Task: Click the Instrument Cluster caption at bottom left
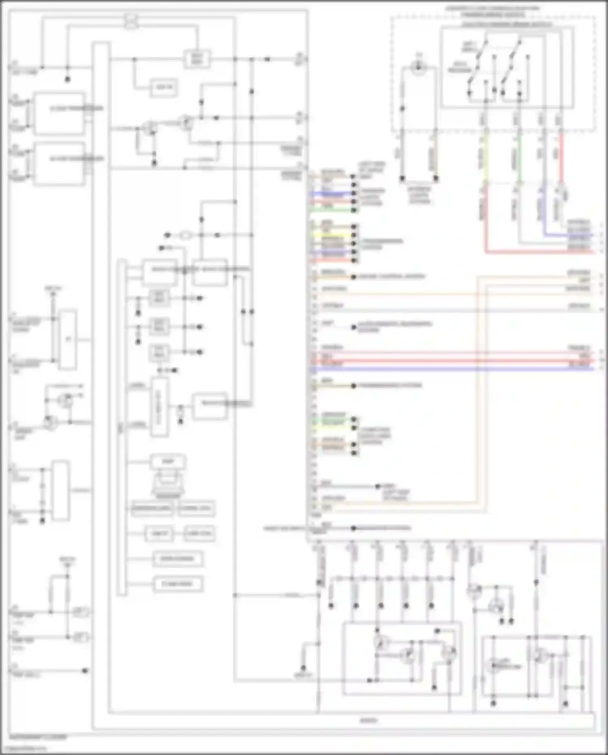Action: pos(39,737)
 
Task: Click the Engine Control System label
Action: pos(391,277)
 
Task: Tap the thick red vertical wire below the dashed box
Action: pos(561,158)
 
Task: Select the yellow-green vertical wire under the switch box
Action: pos(486,158)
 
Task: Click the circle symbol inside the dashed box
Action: pos(418,67)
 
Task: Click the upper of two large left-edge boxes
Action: pos(60,113)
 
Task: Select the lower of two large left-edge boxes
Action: pos(60,163)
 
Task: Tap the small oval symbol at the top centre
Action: pos(131,21)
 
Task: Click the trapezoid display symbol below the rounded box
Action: pos(168,485)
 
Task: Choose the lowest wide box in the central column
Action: pos(178,584)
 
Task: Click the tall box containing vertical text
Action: pos(159,407)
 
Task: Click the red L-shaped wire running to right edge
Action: pos(527,252)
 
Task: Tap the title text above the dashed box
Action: pos(492,8)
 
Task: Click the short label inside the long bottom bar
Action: pos(368,721)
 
